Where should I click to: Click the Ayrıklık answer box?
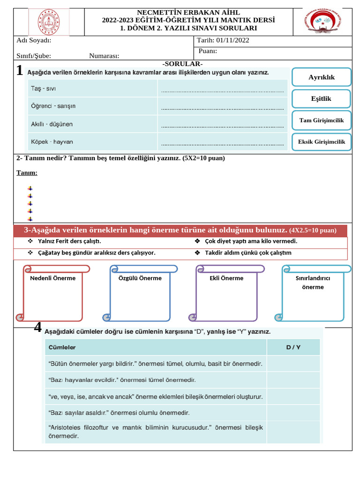coord(321,77)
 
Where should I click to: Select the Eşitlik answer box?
coord(321,98)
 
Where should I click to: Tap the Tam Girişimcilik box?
coord(321,120)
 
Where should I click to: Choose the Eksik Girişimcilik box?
coord(321,142)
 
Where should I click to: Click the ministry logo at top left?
coord(48,22)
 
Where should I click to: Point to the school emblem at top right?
coord(323,22)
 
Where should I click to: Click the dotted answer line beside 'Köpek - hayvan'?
coord(223,142)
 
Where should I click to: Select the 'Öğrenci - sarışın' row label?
coord(53,106)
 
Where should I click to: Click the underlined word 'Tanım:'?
coord(27,173)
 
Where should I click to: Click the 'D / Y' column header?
coord(293,347)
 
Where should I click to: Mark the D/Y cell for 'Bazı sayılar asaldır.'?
coord(293,413)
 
